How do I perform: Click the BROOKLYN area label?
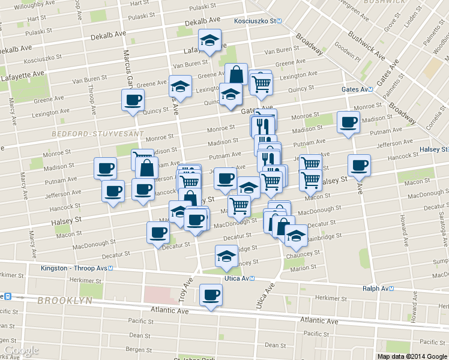coord(64,300)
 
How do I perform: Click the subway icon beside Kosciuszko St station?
coord(287,22)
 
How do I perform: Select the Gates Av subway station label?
coord(354,89)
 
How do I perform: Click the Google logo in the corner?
coord(21,350)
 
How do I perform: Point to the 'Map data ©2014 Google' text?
coord(412,356)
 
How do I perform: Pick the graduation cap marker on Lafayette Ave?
coord(210,40)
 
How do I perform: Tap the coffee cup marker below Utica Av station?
coord(210,295)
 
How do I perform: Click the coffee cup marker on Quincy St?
coord(133,100)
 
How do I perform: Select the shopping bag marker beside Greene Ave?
coord(236,75)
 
